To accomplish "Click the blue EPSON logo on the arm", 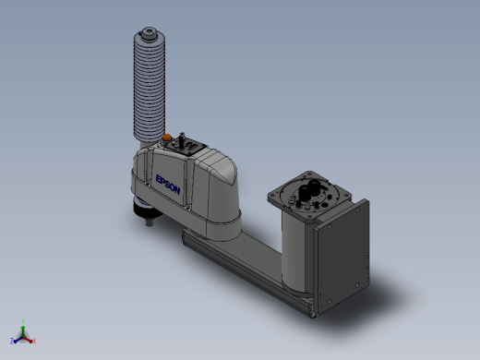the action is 168,185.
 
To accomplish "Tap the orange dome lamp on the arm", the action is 167,138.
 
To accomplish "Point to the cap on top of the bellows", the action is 150,32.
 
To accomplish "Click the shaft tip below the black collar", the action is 150,222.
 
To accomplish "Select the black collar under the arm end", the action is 145,208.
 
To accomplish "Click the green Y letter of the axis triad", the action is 23,321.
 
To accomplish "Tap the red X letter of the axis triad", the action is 34,341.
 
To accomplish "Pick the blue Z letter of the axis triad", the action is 12,341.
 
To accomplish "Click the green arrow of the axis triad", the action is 23,330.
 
